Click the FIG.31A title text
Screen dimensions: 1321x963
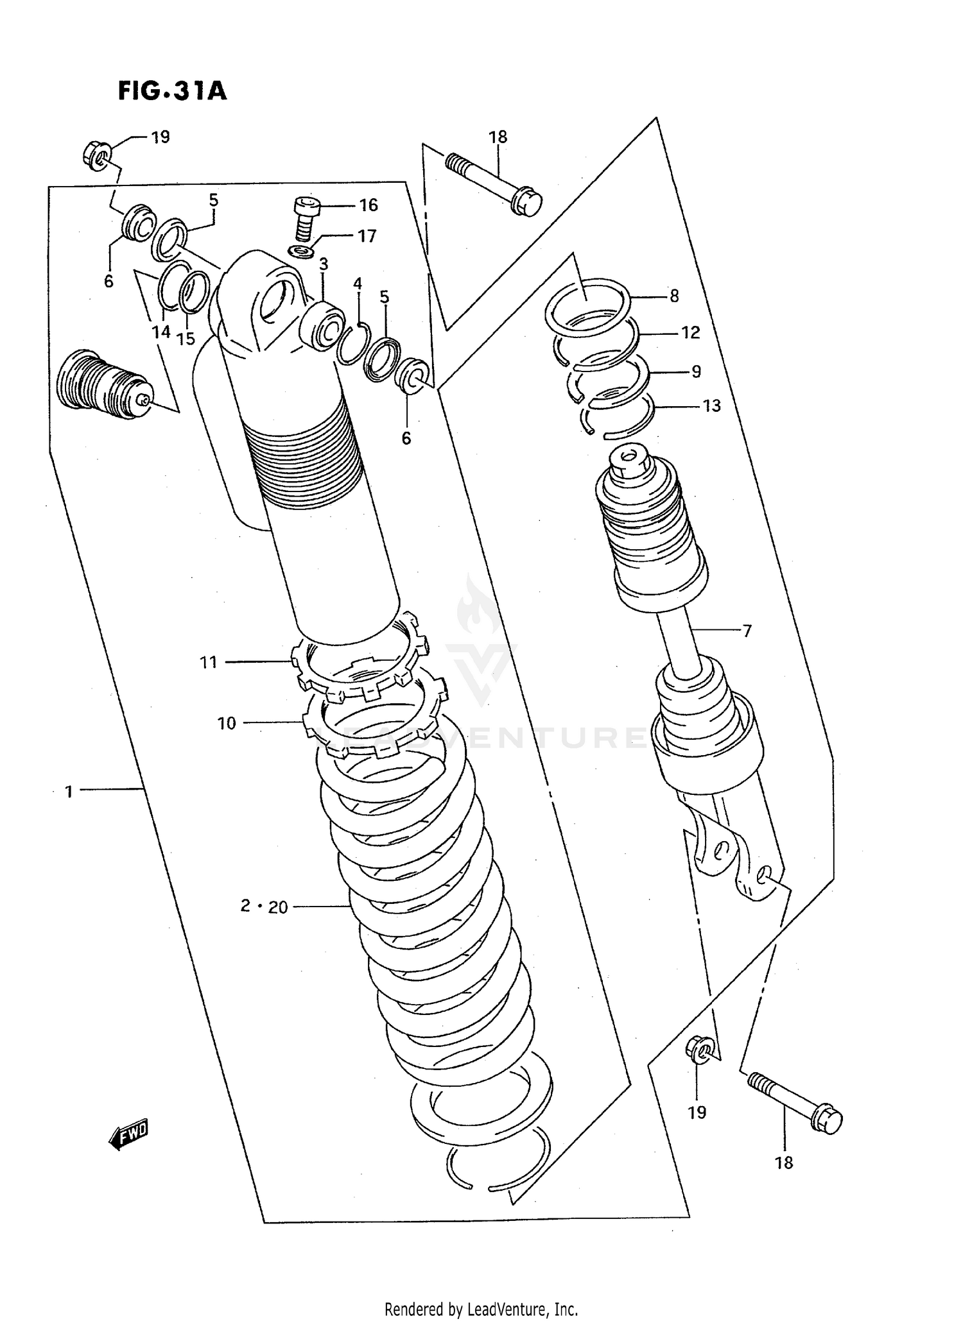tap(172, 90)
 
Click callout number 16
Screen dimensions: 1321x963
tap(368, 205)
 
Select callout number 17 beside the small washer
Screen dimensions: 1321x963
tap(366, 236)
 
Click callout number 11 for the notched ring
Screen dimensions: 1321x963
tap(209, 662)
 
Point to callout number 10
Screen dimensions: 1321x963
tap(227, 724)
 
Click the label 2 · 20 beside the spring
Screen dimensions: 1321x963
tap(264, 907)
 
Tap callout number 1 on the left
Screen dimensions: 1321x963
tap(69, 792)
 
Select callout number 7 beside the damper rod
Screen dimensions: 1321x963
tap(747, 631)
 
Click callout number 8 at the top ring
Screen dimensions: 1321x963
tap(673, 296)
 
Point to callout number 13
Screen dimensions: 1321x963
tap(711, 405)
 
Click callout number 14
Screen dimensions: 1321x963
tap(161, 332)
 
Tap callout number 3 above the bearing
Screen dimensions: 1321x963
tap(323, 264)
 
